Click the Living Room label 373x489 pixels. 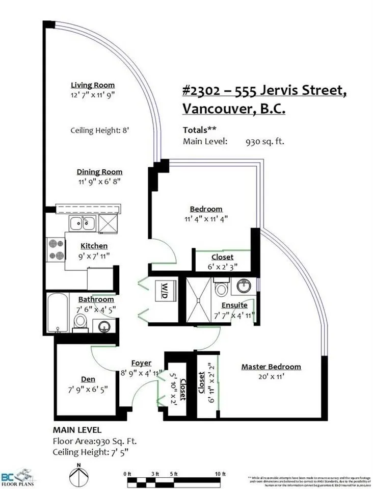pyautogui.click(x=93, y=85)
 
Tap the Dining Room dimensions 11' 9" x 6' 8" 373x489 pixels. pyautogui.click(x=100, y=182)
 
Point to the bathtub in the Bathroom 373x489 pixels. pyautogui.click(x=54, y=312)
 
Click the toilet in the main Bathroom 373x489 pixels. pyautogui.click(x=81, y=322)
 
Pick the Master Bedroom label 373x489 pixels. pyautogui.click(x=271, y=367)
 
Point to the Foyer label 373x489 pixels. pyautogui.click(x=141, y=363)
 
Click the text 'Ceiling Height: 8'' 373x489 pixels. pyautogui.click(x=100, y=131)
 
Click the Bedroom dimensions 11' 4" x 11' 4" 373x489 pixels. pyautogui.click(x=206, y=219)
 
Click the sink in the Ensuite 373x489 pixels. pyautogui.click(x=243, y=286)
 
